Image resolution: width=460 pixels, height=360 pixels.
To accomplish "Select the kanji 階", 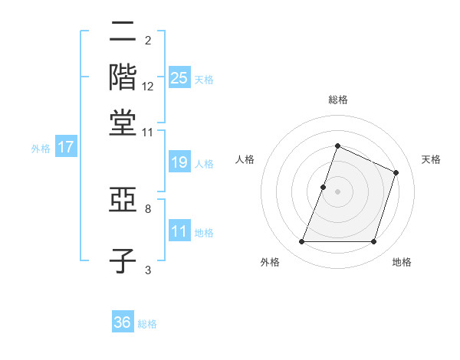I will [123, 77].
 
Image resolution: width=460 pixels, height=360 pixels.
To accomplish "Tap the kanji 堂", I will [123, 123].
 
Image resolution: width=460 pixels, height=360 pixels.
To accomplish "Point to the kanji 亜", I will [123, 202].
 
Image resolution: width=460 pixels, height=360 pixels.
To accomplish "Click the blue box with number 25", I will [179, 77].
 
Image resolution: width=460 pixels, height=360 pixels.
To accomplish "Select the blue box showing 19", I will [179, 162].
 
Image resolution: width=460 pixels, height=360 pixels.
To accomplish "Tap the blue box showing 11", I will [179, 231].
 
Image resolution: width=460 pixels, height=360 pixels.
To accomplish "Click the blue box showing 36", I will [123, 322].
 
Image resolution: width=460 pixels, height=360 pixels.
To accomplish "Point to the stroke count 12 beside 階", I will [148, 87].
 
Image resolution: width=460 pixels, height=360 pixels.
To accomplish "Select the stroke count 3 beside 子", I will [147, 269].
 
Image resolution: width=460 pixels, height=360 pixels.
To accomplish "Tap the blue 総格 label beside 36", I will [147, 324].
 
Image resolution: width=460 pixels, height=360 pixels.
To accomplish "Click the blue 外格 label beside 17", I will [41, 149].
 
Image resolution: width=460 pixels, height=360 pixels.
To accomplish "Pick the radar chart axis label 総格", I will [337, 100].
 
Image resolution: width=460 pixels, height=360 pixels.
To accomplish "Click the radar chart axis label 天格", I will [431, 159].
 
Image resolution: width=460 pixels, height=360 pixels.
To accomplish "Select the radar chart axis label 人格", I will [245, 159].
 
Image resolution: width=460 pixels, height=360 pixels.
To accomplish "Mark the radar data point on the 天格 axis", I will [396, 172].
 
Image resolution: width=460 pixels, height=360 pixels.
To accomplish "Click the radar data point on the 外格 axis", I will [301, 242].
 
